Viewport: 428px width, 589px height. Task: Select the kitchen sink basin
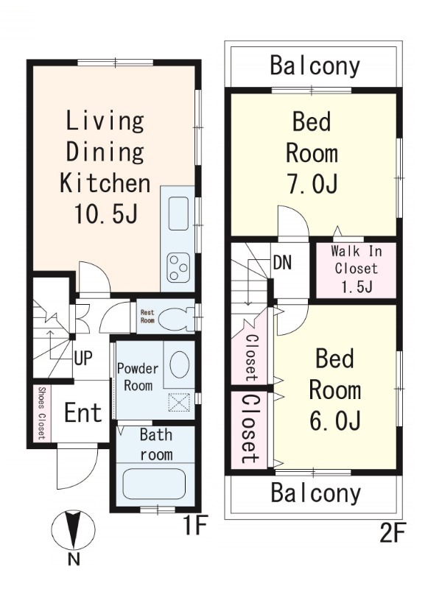click(178, 214)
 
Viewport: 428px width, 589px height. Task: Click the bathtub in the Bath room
click(155, 485)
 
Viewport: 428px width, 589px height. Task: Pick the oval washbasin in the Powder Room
click(180, 364)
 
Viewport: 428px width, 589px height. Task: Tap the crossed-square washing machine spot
click(179, 402)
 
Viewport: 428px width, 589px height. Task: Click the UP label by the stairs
click(83, 358)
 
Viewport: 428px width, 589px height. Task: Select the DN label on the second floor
click(282, 263)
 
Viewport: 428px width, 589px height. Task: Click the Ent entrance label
click(83, 412)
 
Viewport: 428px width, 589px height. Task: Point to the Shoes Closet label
click(42, 413)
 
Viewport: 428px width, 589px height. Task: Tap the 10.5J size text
click(106, 214)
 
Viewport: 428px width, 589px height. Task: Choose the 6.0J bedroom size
click(335, 420)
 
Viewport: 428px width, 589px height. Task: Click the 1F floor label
click(195, 526)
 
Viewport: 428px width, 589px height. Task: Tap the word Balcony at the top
click(315, 66)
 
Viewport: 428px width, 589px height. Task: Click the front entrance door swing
click(77, 465)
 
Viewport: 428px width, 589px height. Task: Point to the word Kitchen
click(105, 183)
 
